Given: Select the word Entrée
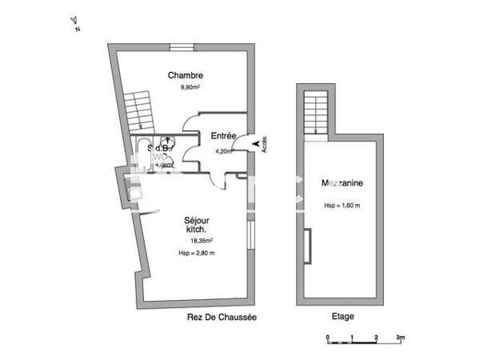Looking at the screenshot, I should coord(223,135).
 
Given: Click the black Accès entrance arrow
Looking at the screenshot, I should coord(257,143).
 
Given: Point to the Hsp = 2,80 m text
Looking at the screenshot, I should coord(197,253).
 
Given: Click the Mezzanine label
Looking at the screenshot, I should coord(342,183).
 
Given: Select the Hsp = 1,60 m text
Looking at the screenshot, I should coord(342,205).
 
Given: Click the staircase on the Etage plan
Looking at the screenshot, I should coord(317,113).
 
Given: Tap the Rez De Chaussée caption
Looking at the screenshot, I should coord(222,317).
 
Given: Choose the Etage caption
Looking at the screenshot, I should coord(342,317).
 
